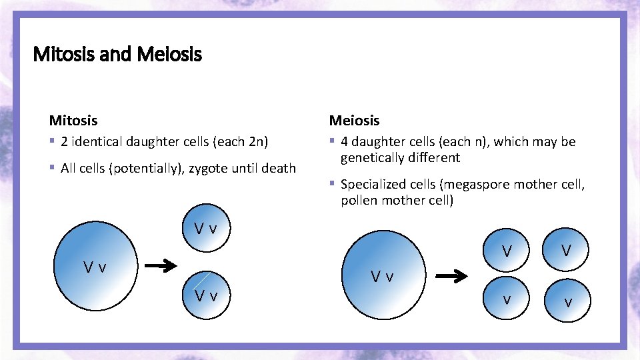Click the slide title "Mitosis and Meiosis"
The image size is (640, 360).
tap(117, 53)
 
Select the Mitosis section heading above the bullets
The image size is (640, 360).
tap(73, 121)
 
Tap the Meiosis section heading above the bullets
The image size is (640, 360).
tap(354, 121)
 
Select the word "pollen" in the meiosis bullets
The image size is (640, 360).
tap(359, 201)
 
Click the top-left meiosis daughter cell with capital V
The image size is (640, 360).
tap(507, 251)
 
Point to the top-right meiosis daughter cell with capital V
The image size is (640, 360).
tap(566, 250)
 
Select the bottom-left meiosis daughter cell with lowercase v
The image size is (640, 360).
tap(507, 299)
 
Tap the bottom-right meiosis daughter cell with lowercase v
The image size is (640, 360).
tap(567, 302)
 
